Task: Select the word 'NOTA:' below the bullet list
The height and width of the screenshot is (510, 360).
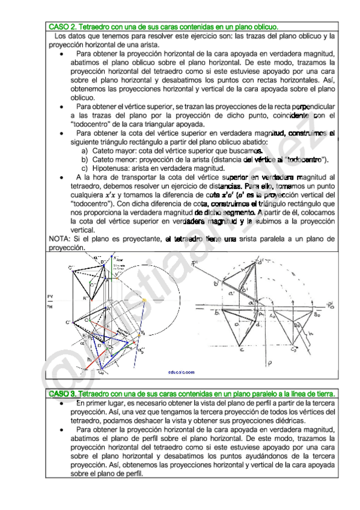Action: [59, 239]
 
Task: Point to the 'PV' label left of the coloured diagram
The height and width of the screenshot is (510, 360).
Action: [50, 296]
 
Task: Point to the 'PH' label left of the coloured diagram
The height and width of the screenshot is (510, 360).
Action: [50, 307]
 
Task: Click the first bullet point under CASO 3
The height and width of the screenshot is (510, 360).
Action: [63, 402]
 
